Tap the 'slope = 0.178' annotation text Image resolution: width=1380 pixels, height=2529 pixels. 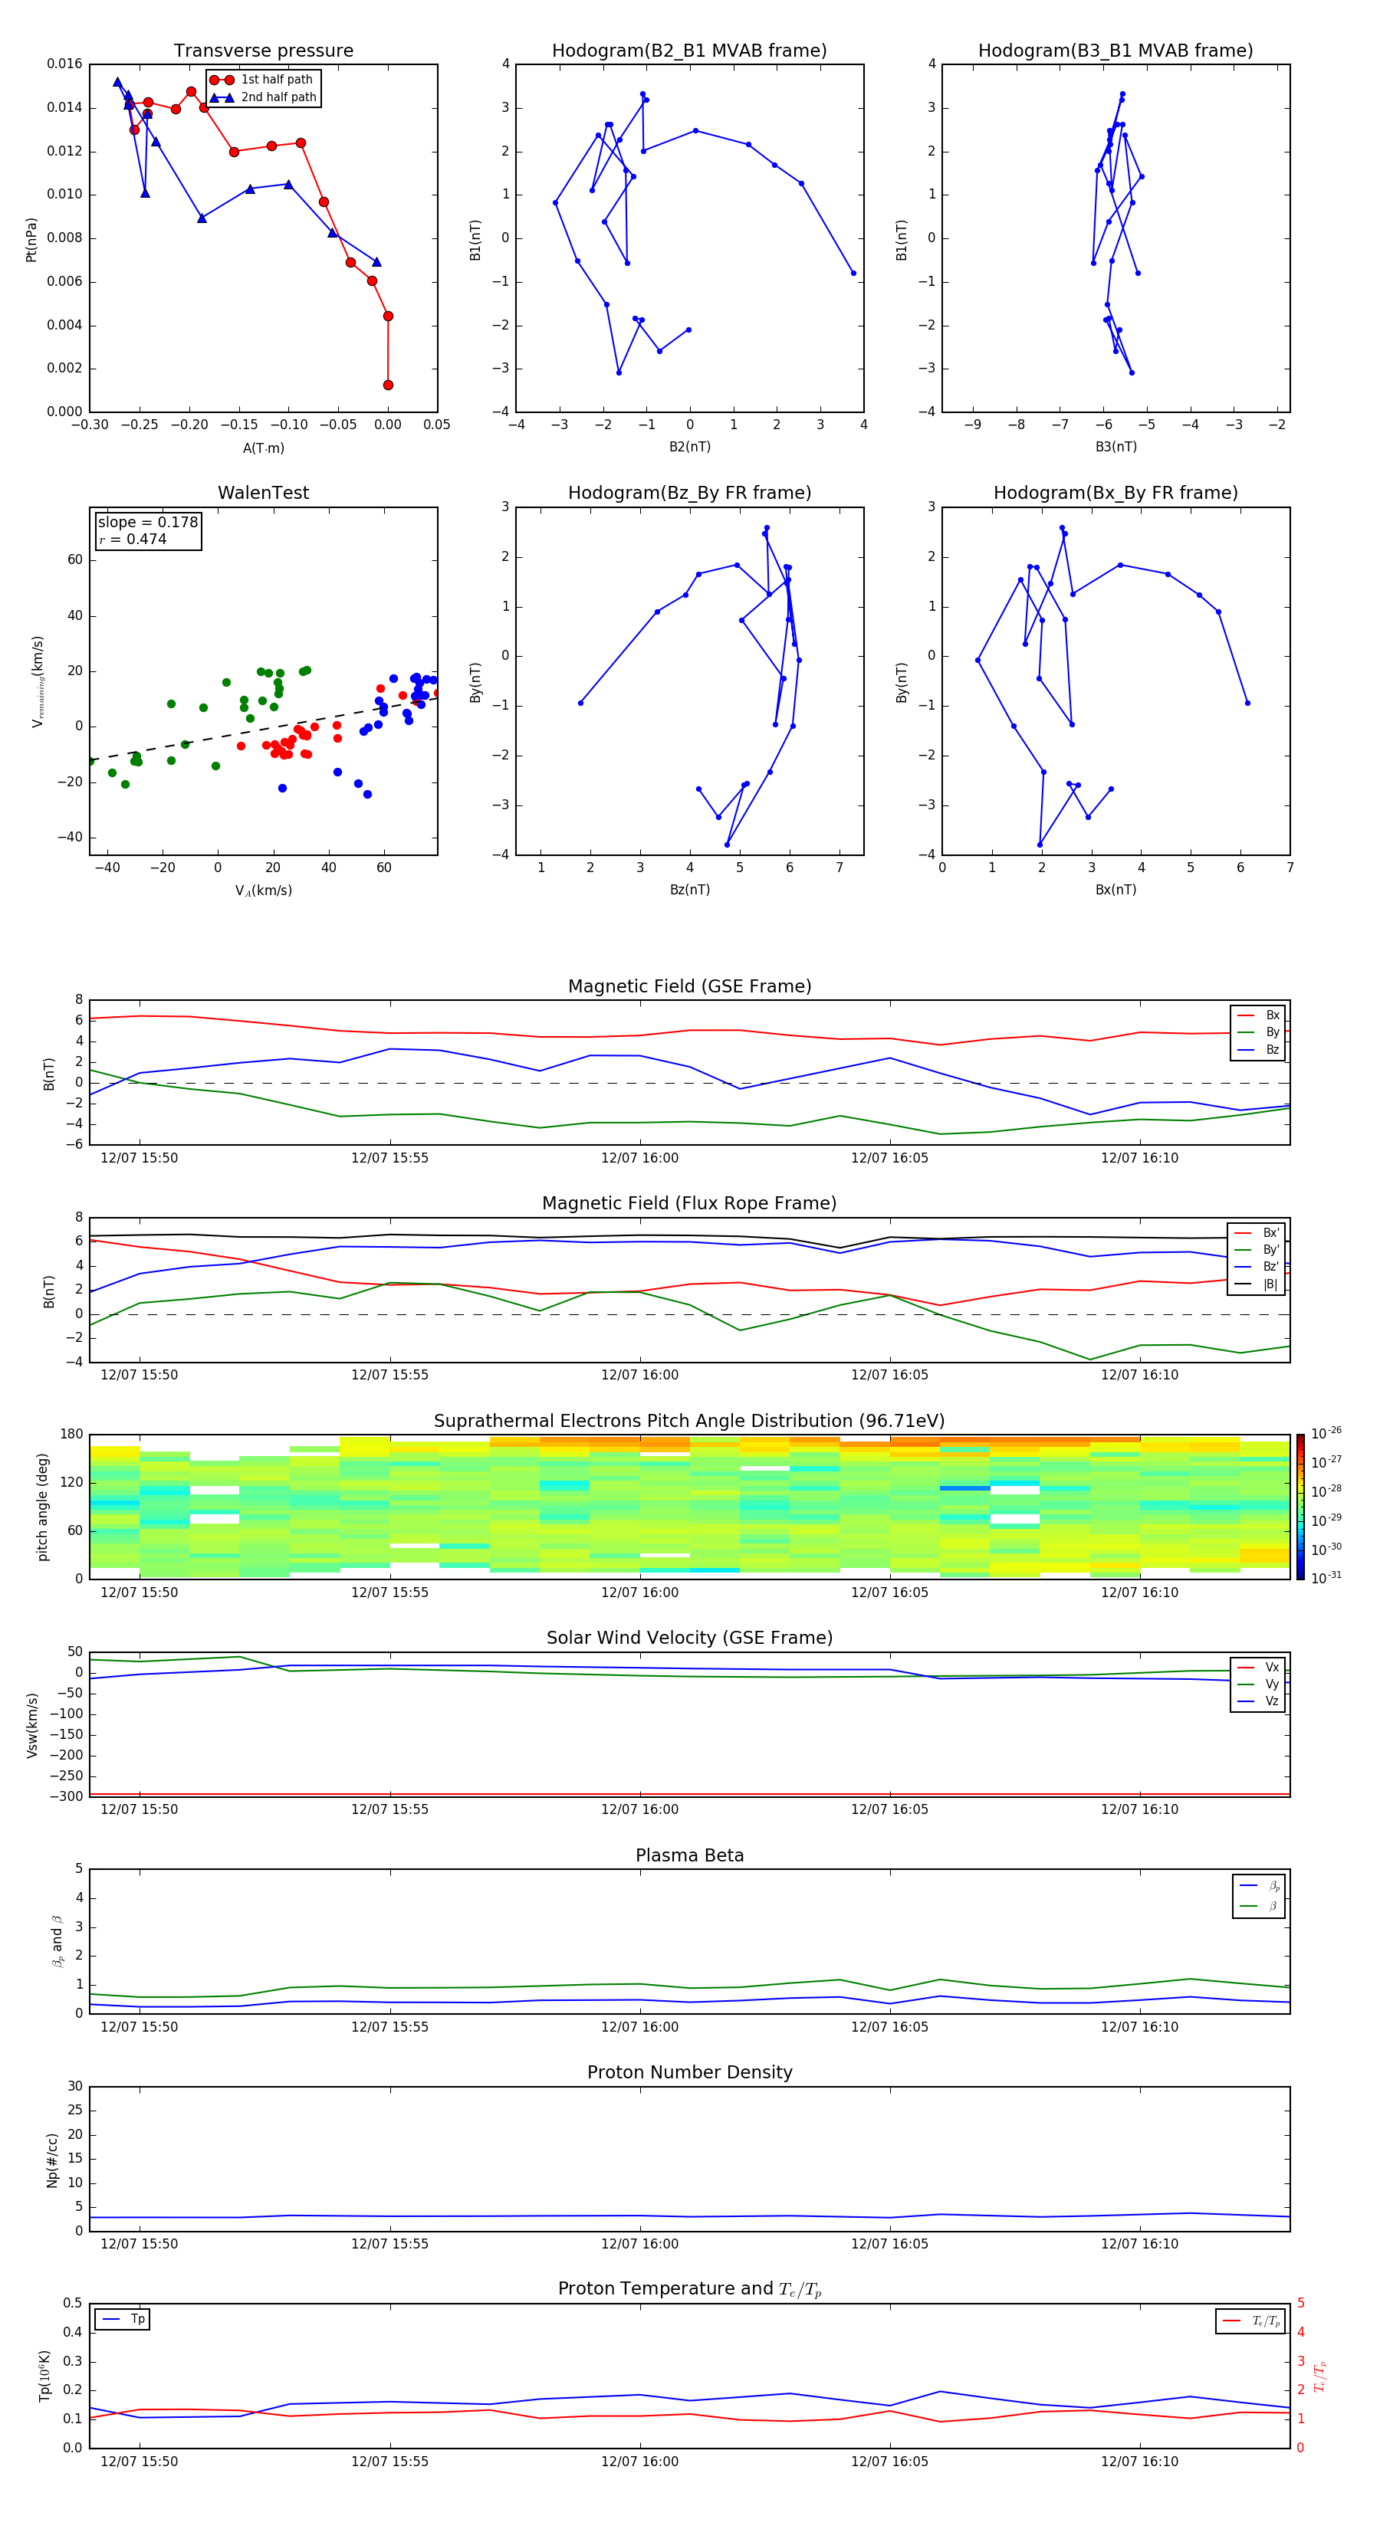point(147,523)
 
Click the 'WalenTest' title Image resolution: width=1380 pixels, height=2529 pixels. point(263,493)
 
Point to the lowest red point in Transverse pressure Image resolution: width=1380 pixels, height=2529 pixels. point(388,385)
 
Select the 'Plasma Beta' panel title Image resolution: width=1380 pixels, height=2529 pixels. point(688,1855)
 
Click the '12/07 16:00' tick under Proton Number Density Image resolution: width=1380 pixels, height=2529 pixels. point(639,2243)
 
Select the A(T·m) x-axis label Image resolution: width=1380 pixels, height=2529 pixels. point(263,448)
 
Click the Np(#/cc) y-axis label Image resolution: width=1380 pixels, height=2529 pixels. point(52,2160)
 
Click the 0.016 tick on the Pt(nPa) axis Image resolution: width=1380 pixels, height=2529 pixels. point(65,64)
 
